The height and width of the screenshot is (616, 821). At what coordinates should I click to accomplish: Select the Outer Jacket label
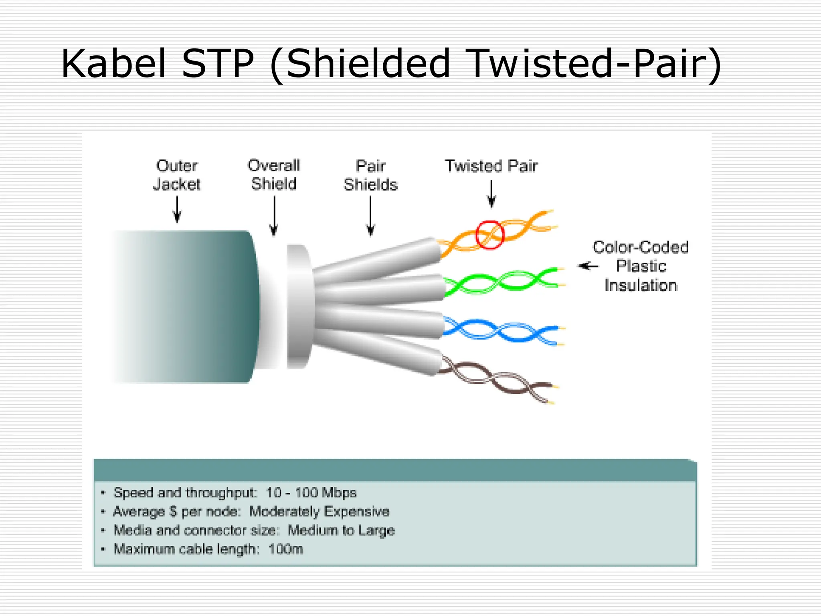pyautogui.click(x=176, y=175)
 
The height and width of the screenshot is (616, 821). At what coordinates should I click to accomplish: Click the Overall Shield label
pyautogui.click(x=274, y=174)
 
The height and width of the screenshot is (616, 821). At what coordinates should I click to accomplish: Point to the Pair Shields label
pyautogui.click(x=370, y=175)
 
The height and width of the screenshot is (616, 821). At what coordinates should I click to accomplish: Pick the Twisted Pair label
pyautogui.click(x=491, y=166)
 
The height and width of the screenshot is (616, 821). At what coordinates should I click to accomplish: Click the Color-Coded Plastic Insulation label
pyautogui.click(x=641, y=266)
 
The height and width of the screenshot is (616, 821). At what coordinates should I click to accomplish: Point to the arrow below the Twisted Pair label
pyautogui.click(x=491, y=194)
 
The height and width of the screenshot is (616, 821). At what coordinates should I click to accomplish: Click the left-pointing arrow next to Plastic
pyautogui.click(x=588, y=266)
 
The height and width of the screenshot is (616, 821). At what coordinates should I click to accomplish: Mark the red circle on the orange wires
pyautogui.click(x=489, y=235)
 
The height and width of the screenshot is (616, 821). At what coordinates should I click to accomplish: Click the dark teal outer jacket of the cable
pyautogui.click(x=192, y=307)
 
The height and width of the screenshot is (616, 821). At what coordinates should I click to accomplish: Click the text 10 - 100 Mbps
pyautogui.click(x=311, y=492)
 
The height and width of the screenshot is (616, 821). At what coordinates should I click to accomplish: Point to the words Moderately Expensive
pyautogui.click(x=319, y=511)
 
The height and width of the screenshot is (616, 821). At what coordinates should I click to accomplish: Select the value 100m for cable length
pyautogui.click(x=285, y=549)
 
